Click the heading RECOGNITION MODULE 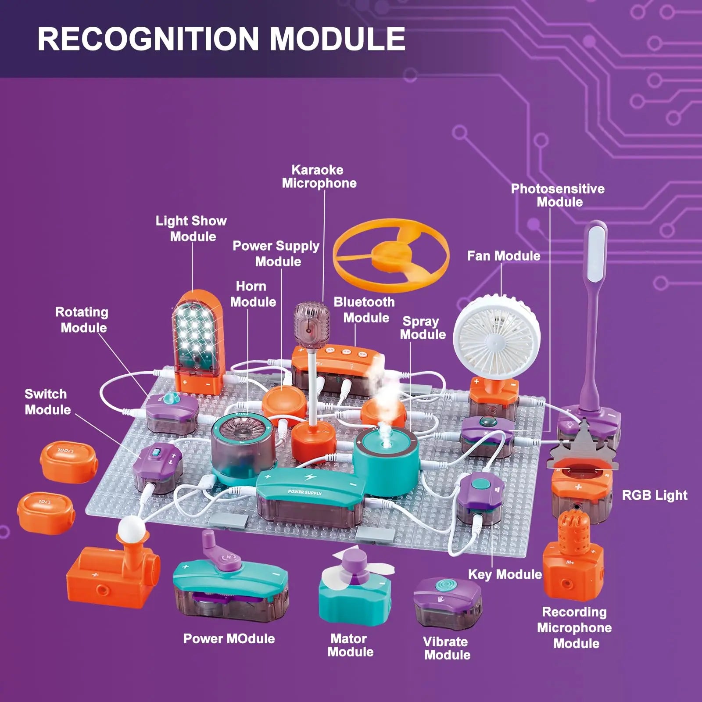click(221, 39)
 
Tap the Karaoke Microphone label click(319, 176)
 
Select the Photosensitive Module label click(558, 195)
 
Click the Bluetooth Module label click(365, 310)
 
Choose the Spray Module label click(422, 328)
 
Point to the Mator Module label click(350, 645)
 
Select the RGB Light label click(655, 495)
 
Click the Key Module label click(505, 574)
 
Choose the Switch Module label click(47, 401)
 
